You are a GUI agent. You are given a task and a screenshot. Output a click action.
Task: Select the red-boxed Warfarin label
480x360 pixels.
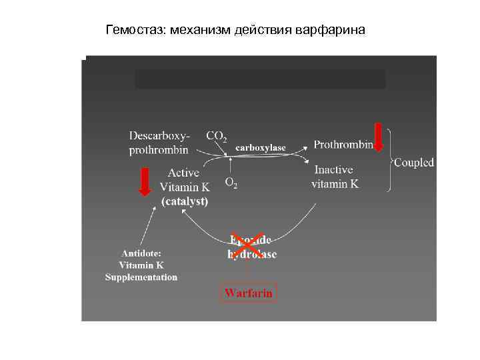tap(248, 293)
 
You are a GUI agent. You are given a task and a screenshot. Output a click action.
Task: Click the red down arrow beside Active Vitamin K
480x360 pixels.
tap(145, 182)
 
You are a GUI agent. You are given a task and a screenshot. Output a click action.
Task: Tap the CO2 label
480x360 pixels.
tap(217, 136)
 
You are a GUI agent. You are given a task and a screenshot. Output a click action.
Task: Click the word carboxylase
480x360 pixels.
tap(261, 147)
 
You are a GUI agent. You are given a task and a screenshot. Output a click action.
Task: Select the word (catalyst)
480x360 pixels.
tap(184, 201)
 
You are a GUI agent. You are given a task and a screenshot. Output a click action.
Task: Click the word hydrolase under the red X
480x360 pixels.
tap(252, 254)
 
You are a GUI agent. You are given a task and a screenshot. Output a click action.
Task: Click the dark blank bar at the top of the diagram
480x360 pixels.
tap(260, 79)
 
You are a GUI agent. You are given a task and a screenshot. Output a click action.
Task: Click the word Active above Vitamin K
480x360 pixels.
tap(184, 173)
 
